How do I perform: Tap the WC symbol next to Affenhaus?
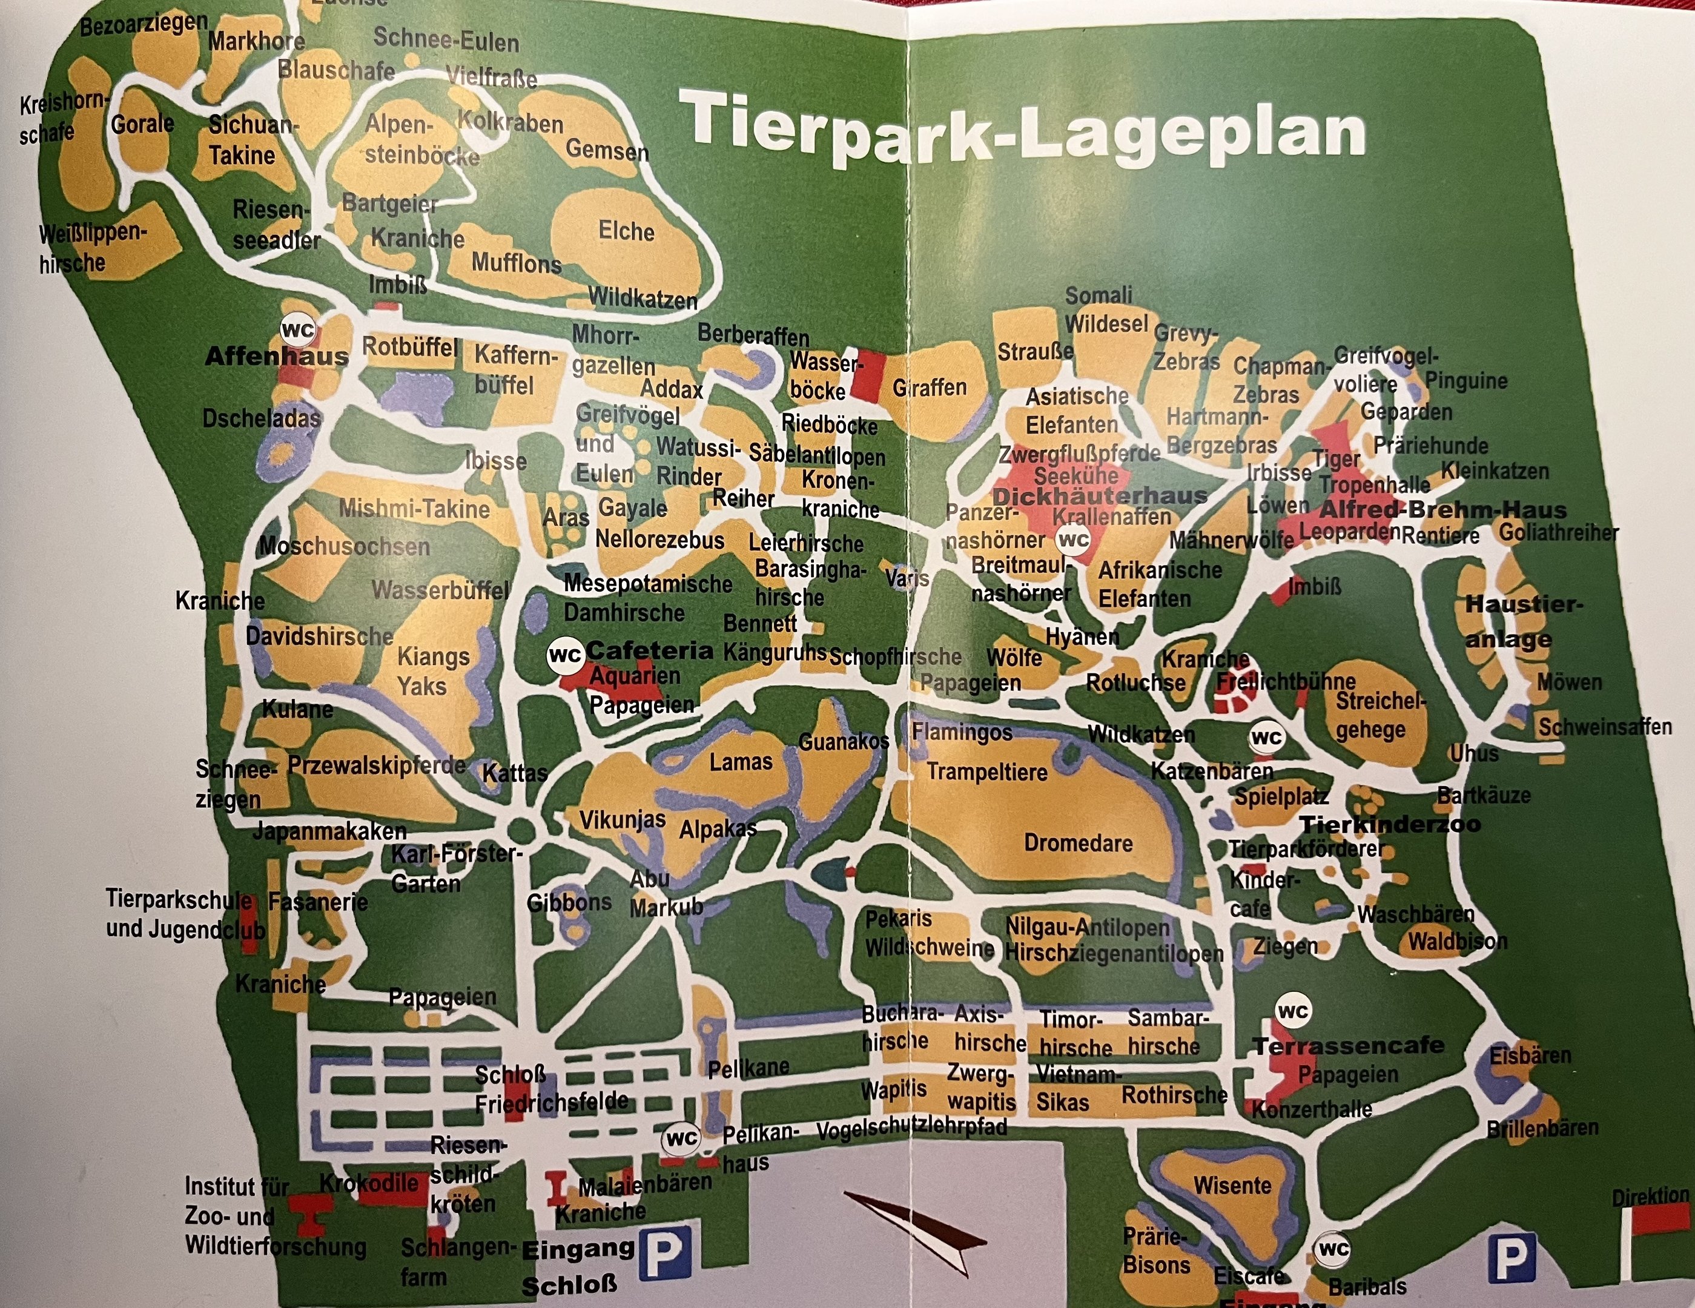[297, 331]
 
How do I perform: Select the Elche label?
[626, 231]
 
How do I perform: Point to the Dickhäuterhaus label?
[1100, 496]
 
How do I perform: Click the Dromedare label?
[1078, 843]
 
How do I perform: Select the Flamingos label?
[962, 732]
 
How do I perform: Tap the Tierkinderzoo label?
[1389, 824]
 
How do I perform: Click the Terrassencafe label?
[1348, 1046]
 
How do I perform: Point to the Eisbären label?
[1530, 1055]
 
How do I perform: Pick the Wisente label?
[1232, 1185]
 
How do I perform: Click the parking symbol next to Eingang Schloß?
[664, 1253]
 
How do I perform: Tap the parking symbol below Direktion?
[1510, 1258]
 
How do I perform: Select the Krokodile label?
[369, 1183]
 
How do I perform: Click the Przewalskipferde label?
[377, 765]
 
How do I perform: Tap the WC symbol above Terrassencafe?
[1292, 1011]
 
